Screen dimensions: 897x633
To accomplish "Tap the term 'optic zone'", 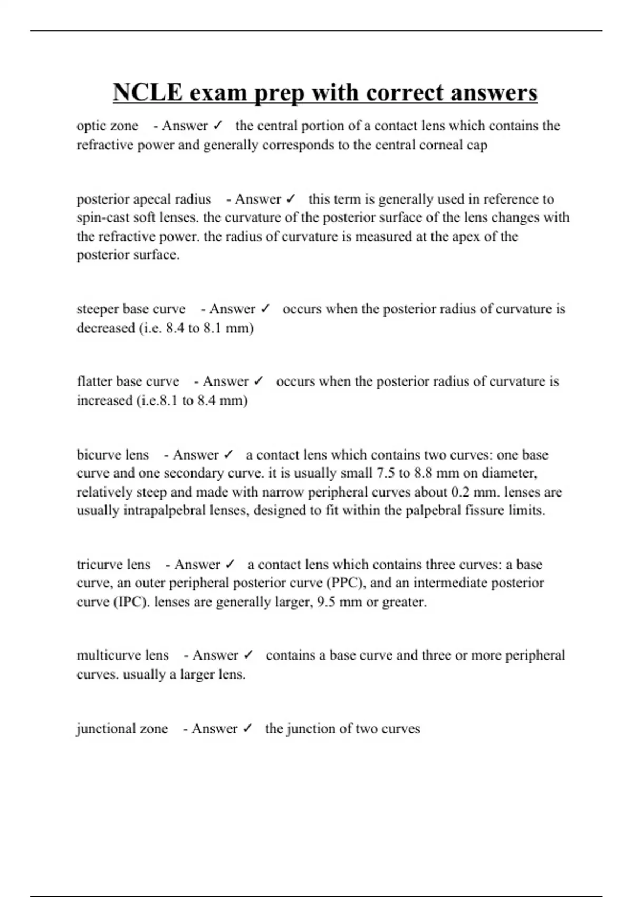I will pyautogui.click(x=107, y=126).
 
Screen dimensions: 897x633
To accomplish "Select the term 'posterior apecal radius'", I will pyautogui.click(x=143, y=199).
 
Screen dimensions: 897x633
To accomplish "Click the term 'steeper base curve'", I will pyautogui.click(x=131, y=309).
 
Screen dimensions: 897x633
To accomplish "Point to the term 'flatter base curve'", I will pyautogui.click(x=128, y=381).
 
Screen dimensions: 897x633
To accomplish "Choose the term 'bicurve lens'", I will pyautogui.click(x=112, y=455).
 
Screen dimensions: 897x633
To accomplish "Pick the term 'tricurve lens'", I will pyautogui.click(x=113, y=565).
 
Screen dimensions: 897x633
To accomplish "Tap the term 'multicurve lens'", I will pyautogui.click(x=122, y=655).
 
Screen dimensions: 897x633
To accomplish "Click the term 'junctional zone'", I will pyautogui.click(x=122, y=729).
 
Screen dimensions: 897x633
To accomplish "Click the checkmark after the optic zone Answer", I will pyautogui.click(x=217, y=126).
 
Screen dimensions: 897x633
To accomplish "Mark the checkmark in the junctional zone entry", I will pyautogui.click(x=247, y=729).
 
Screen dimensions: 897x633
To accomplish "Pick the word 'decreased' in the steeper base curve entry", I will pyautogui.click(x=105, y=328).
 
